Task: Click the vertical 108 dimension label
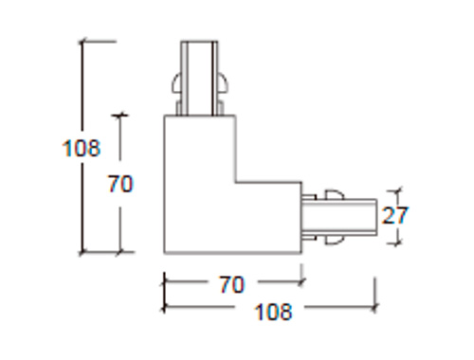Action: point(82,148)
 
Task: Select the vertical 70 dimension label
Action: point(120,184)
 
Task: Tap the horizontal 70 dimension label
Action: point(232,284)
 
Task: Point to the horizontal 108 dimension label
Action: point(273,312)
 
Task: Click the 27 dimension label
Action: point(395,215)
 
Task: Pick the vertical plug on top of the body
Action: point(199,78)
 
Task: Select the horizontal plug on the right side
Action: point(339,217)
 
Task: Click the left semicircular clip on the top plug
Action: point(176,84)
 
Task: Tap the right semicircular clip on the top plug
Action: point(222,84)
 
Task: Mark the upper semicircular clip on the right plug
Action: point(335,194)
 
